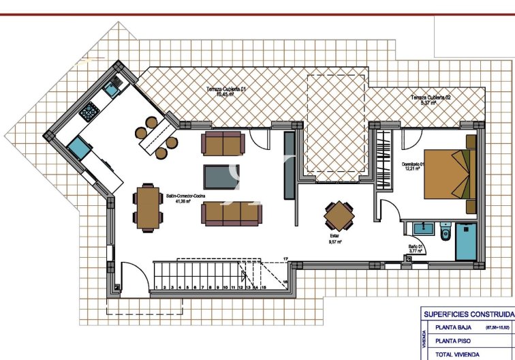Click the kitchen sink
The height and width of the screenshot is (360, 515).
point(112,87)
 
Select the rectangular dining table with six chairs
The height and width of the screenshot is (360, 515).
point(147,207)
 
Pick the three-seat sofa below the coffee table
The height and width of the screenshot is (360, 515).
point(230,213)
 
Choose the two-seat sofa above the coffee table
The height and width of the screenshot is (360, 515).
point(223,143)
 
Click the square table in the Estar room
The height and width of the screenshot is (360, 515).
point(339,217)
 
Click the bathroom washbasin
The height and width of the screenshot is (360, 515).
point(419,228)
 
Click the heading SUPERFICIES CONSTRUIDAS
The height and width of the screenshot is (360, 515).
point(467,314)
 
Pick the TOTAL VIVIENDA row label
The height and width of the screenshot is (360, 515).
point(458,354)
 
